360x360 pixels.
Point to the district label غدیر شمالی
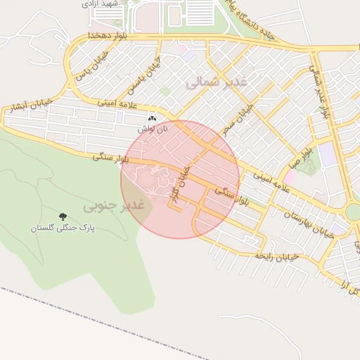tap(217, 83)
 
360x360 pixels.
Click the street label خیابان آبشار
tap(27, 107)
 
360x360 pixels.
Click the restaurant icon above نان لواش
tap(153, 119)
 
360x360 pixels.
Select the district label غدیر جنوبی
tap(114, 206)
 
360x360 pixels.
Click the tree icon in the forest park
tap(63, 217)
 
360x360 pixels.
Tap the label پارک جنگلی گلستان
tap(62, 229)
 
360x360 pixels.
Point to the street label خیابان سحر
tap(236, 120)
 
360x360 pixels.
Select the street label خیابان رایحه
tap(278, 256)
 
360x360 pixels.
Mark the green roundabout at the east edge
tap(354, 212)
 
